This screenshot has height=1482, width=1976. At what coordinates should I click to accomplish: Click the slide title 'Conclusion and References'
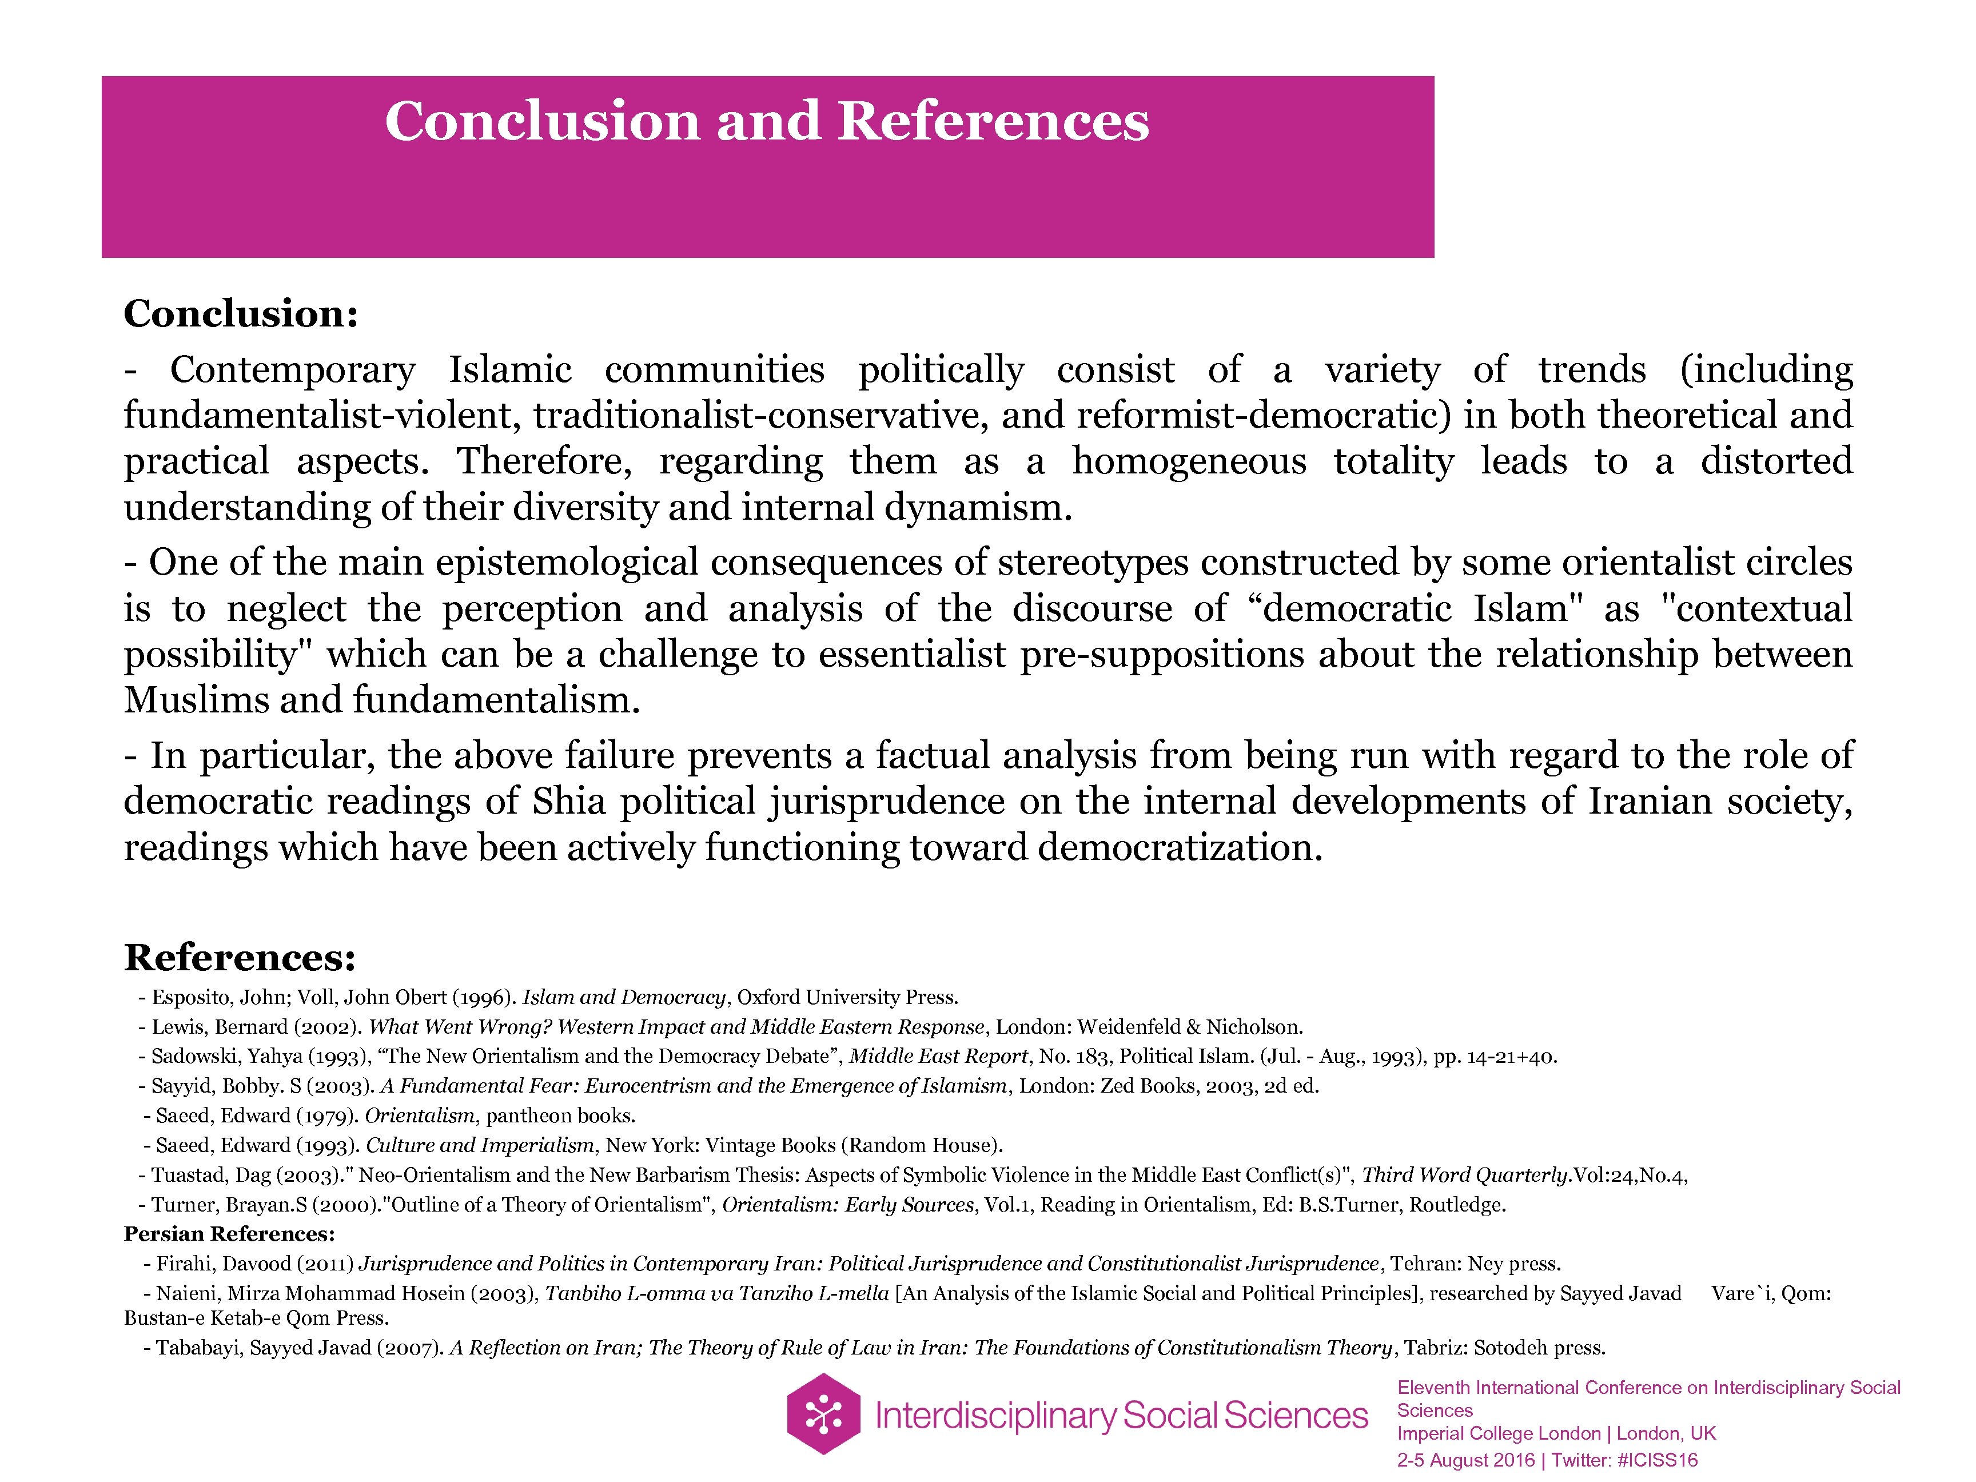coord(767,121)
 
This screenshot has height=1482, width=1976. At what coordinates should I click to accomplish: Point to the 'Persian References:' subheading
coord(229,1234)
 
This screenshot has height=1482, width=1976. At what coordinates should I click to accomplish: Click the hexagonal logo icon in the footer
coord(823,1414)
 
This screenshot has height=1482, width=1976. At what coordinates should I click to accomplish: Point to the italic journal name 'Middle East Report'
coord(937,1057)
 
